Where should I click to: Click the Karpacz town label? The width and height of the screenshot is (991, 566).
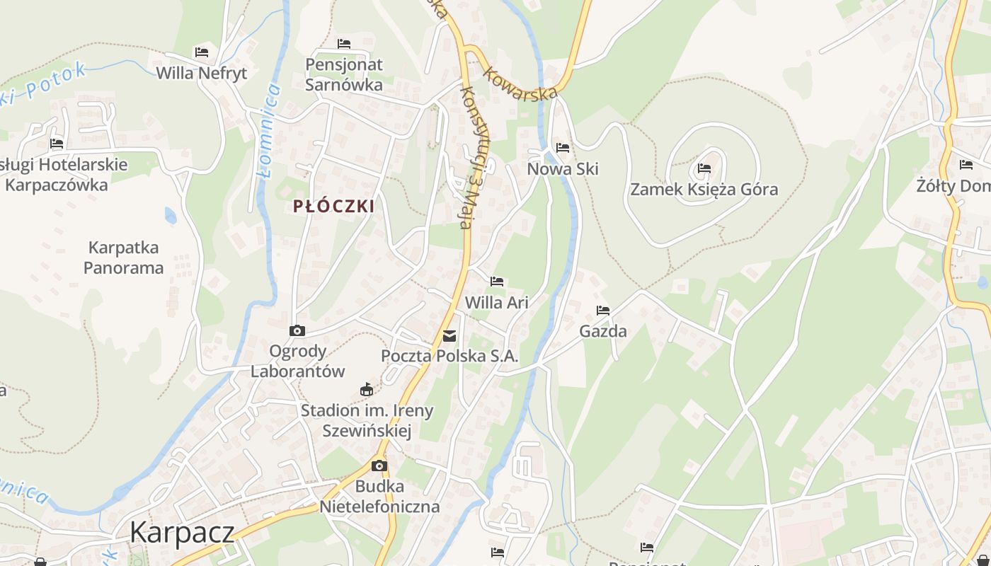181,532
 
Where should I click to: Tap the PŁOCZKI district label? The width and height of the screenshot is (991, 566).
334,207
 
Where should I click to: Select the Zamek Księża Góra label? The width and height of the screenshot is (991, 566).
704,190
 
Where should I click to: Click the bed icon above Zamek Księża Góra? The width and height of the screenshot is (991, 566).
704,168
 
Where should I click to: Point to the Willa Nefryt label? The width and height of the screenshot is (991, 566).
202,73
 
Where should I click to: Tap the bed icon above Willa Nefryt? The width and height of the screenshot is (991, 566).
202,52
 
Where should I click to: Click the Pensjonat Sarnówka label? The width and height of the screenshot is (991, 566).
344,74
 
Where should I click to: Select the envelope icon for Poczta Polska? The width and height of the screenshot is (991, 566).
449,336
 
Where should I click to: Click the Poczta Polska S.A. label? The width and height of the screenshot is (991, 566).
449,356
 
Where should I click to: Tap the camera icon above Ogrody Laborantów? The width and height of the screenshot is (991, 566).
297,330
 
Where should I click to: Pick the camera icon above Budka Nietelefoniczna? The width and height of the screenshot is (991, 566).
379,466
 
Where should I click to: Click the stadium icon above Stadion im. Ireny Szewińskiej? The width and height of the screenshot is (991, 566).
367,389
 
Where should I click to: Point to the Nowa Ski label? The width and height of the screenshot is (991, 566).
563,169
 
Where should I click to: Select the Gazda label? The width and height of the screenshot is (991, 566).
603,331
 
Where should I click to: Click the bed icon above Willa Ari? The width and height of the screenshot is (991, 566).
497,282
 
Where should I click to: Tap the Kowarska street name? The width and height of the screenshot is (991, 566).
521,84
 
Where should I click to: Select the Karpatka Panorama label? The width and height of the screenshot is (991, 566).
123,258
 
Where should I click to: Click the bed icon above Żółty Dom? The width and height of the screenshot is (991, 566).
966,165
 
